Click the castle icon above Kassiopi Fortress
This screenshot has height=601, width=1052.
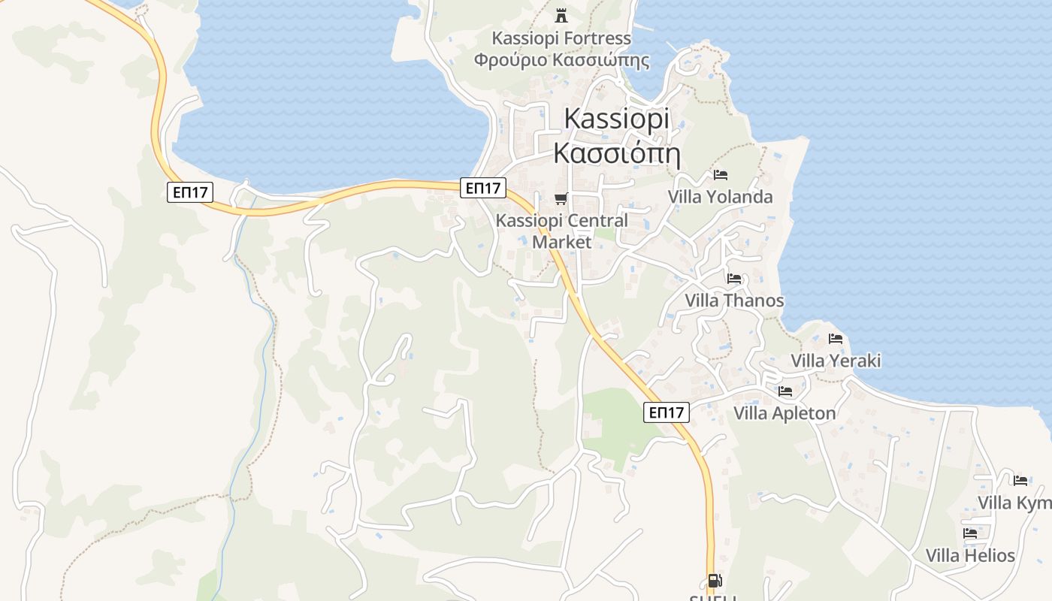561,15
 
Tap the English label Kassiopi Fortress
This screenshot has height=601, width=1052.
561,38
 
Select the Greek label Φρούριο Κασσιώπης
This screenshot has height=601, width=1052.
561,60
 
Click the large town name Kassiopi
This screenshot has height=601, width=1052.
616,119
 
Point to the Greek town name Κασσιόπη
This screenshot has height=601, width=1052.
616,153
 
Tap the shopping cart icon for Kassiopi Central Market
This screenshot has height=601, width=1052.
561,199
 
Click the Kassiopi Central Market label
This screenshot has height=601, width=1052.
562,231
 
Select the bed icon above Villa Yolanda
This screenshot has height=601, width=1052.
721,175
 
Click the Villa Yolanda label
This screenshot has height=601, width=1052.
720,197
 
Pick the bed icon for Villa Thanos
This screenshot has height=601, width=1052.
734,279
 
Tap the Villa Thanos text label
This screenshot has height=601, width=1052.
734,301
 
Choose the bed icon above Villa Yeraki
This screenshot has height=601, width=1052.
836,339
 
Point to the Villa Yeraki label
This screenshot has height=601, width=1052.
836,361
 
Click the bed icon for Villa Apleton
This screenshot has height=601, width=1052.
785,391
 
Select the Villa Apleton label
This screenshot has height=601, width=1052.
784,413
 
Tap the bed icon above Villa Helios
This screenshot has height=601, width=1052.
970,533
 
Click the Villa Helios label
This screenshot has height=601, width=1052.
970,556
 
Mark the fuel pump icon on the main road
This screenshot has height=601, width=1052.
713,581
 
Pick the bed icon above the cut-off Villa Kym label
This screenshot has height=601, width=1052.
1020,481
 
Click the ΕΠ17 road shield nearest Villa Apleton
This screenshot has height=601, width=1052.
667,412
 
